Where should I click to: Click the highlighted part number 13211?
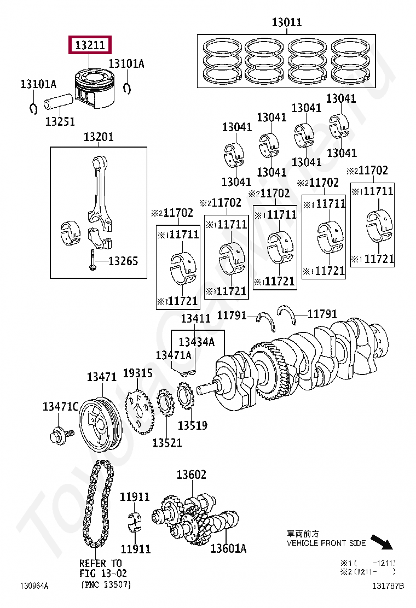click(x=89, y=45)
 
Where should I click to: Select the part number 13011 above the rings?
click(x=286, y=22)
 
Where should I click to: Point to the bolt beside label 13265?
click(x=93, y=260)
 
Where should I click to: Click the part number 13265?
click(x=123, y=261)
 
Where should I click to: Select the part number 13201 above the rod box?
click(x=99, y=137)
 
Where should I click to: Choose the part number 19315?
click(x=137, y=373)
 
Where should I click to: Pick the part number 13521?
click(x=167, y=443)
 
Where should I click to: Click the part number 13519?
click(x=193, y=425)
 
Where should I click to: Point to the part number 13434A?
click(x=197, y=342)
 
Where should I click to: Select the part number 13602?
click(x=191, y=475)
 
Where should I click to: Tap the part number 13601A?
click(x=228, y=548)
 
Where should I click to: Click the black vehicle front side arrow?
click(x=382, y=542)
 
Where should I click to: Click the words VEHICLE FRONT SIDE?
click(x=326, y=543)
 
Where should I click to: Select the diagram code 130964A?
click(x=34, y=586)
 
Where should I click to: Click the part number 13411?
click(x=196, y=318)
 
